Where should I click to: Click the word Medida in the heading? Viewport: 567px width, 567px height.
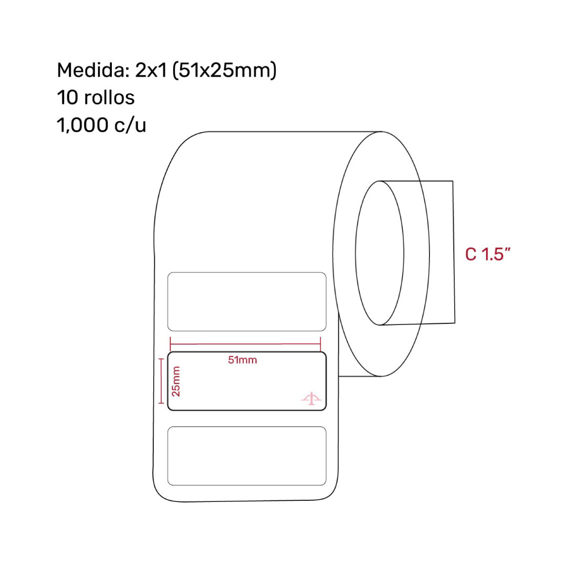93,70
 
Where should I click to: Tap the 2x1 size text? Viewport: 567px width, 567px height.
151,70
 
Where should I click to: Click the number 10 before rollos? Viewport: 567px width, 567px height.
67,98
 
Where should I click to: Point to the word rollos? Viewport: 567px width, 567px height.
109,97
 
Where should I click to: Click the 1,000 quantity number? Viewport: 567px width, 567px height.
82,125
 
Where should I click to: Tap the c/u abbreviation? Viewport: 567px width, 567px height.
130,125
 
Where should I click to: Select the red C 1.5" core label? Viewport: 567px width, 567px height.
488,254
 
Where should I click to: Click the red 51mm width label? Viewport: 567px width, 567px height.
242,360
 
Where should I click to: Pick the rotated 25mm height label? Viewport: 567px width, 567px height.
176,381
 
